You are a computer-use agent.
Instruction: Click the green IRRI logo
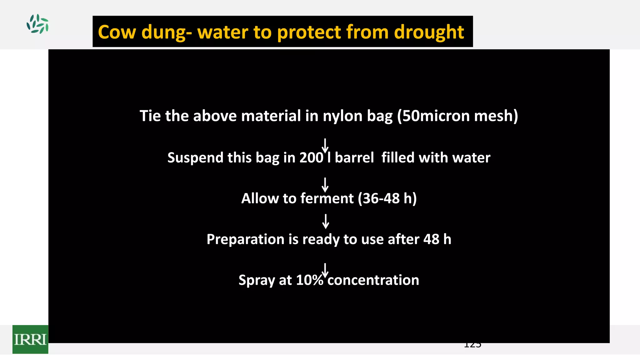[x=30, y=339]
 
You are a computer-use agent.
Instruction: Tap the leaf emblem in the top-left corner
[x=37, y=24]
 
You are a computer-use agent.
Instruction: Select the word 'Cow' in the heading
[x=117, y=32]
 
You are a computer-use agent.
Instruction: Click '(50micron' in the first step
[x=433, y=116]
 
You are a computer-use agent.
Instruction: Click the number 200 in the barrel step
[x=311, y=157]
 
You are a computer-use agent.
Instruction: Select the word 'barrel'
[x=354, y=157]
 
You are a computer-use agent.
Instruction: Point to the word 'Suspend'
[x=195, y=158]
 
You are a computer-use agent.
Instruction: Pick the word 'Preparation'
[x=245, y=239]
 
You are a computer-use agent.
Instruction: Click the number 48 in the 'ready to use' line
[x=431, y=239]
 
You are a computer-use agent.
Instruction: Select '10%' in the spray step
[x=309, y=280]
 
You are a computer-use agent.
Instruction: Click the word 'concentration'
[x=373, y=280]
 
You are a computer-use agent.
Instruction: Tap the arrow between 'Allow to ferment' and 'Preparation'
[x=326, y=221]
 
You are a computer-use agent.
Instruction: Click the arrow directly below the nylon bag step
[x=325, y=145]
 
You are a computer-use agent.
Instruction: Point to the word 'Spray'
[x=257, y=280]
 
